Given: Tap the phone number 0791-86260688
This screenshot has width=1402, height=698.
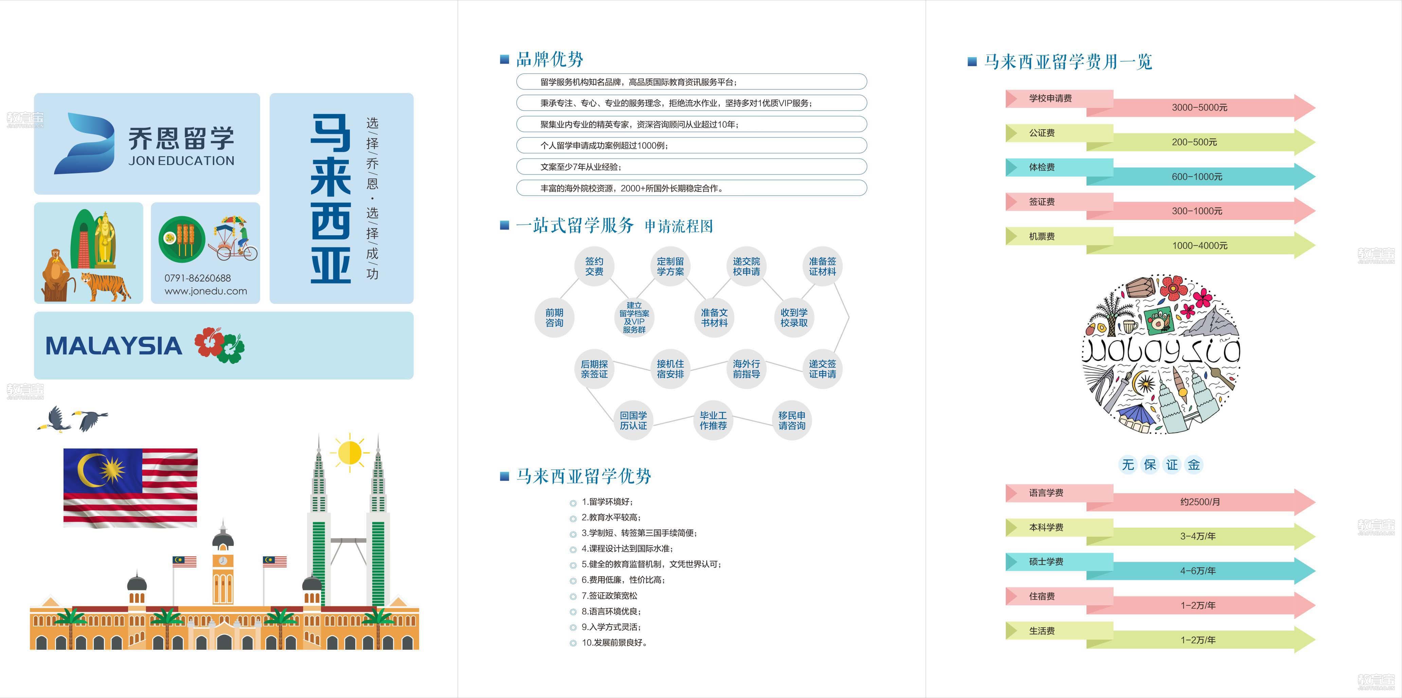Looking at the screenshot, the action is point(198,278).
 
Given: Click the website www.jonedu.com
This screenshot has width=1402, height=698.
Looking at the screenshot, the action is point(206,291).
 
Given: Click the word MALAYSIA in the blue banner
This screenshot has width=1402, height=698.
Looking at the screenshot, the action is point(114,346).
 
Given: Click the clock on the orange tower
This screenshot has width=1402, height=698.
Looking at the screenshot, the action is point(222,561).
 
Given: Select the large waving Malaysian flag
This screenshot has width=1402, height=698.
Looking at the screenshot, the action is point(130,488).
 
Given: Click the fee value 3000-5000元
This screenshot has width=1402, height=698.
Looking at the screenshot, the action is point(1200,108).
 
